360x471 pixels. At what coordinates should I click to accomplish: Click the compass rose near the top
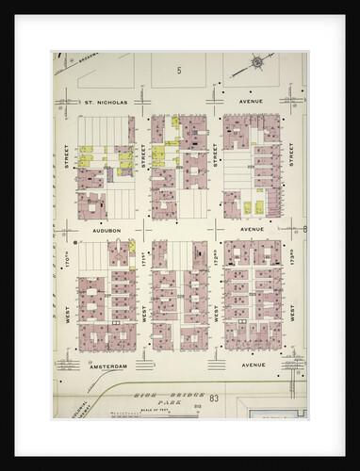255,64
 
